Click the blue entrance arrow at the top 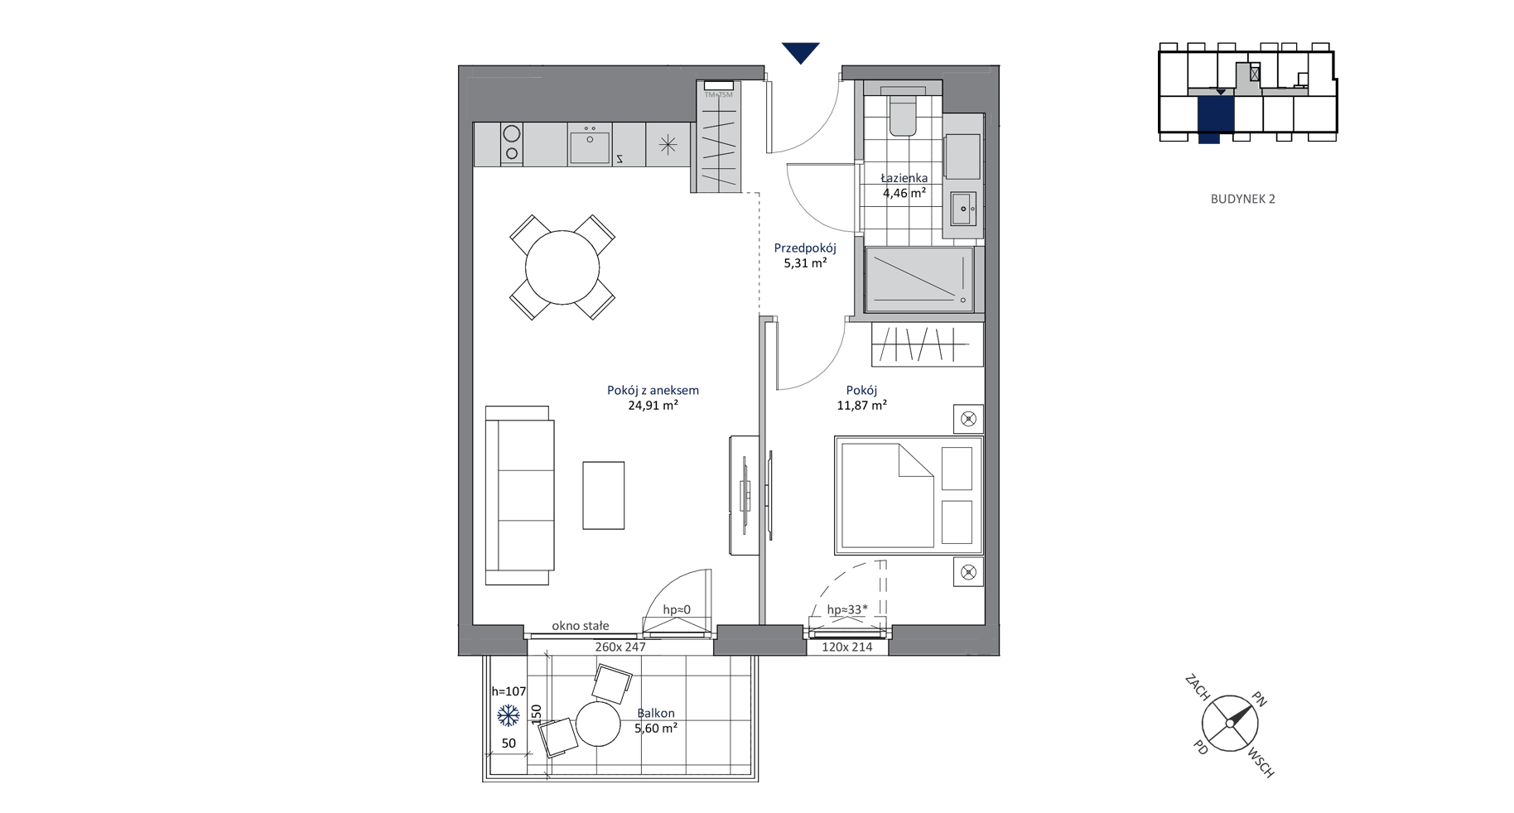coord(801,52)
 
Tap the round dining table coord(562,267)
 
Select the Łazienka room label coord(904,178)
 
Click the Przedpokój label coord(805,248)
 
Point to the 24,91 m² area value coord(653,406)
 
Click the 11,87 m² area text coord(862,406)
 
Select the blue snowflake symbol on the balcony coord(508,715)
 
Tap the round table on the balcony coord(598,724)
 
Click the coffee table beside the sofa coord(603,495)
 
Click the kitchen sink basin coord(590,146)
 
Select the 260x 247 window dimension coord(620,647)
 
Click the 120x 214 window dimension coord(847,647)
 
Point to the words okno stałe coord(581,626)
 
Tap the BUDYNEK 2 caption coord(1242,199)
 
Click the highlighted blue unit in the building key coord(1215,116)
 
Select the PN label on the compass coord(1259,700)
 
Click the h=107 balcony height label coord(509,691)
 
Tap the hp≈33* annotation coord(847,610)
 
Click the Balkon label coord(656,713)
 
